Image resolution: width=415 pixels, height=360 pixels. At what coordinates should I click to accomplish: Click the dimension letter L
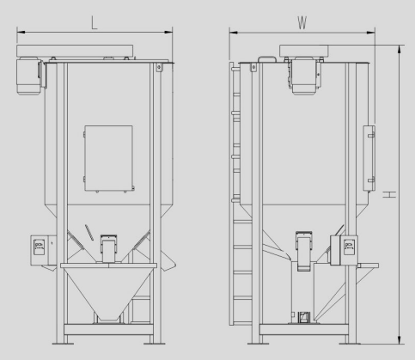[95, 23]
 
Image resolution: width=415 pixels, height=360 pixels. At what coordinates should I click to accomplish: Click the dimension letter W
[302, 23]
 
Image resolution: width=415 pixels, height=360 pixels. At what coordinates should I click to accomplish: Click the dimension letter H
[389, 194]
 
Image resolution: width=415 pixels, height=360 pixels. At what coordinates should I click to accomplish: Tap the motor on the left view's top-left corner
[29, 76]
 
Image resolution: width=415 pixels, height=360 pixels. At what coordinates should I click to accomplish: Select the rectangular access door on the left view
[108, 158]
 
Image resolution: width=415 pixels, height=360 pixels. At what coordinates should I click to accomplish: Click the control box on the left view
[43, 250]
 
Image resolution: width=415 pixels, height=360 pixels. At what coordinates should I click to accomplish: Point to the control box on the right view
[344, 250]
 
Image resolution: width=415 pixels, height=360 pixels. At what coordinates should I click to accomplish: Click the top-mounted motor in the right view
[304, 76]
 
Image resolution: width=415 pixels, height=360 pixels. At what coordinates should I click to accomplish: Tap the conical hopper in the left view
[108, 291]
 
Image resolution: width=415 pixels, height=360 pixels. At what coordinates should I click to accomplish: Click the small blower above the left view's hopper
[108, 248]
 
